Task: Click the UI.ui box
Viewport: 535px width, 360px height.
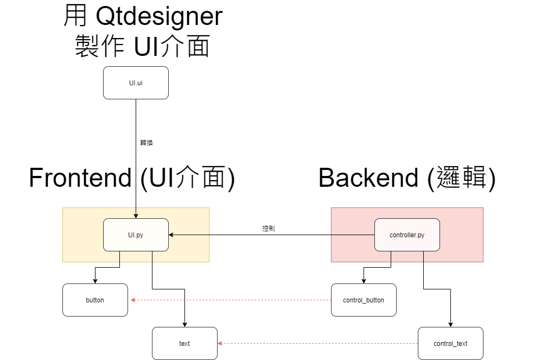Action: coord(136,83)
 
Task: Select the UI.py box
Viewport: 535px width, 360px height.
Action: coord(136,235)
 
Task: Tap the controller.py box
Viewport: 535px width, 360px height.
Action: coord(407,235)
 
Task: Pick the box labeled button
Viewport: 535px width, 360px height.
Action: coord(95,300)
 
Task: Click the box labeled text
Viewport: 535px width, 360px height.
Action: coord(184,343)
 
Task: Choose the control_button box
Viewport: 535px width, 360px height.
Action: coord(364,300)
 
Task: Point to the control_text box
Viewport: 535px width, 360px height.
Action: coord(450,343)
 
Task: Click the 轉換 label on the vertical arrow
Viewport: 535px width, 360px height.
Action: coord(147,143)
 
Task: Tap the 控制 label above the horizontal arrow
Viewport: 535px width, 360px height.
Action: coord(269,229)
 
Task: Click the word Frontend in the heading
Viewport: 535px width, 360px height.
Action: coord(80,178)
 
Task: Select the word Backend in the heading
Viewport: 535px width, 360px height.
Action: coord(368,178)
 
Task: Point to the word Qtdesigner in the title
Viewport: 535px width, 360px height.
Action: coord(159,16)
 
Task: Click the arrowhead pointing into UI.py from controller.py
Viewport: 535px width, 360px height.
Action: coord(171,235)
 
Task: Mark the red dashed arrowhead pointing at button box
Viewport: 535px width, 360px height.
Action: coord(131,300)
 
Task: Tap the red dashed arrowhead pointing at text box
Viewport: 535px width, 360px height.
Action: coord(221,344)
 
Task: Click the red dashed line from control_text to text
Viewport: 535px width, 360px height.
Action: coord(320,344)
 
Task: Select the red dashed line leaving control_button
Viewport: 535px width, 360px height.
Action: coord(233,300)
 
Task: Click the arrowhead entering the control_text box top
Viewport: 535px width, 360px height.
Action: coord(450,324)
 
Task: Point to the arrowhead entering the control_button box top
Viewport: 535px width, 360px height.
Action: coord(364,281)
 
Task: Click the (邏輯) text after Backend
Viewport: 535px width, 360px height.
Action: coord(461,178)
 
